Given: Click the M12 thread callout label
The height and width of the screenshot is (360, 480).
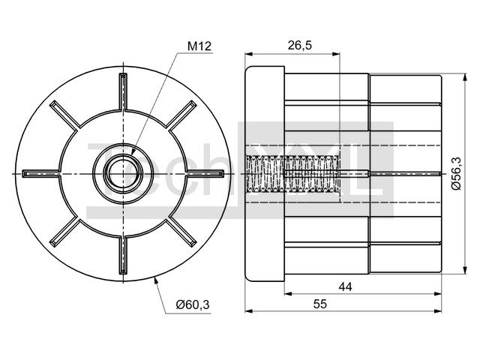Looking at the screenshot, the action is click(199, 46).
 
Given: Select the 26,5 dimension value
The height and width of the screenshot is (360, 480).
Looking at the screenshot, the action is click(299, 45).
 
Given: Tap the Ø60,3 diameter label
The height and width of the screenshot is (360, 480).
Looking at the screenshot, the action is click(193, 304).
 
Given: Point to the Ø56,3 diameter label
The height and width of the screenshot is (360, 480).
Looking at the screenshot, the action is click(456, 173).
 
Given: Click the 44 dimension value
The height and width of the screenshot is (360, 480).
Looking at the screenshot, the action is click(345, 286).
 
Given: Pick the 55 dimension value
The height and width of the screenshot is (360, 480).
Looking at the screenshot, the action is click(320, 304).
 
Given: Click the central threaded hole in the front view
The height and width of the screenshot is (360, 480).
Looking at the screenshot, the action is click(123, 174).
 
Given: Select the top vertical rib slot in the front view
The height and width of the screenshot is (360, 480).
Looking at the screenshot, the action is click(123, 91).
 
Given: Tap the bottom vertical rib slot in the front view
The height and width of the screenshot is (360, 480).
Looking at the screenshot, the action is click(123, 256).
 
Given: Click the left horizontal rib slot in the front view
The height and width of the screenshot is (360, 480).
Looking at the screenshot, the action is click(40, 174).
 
